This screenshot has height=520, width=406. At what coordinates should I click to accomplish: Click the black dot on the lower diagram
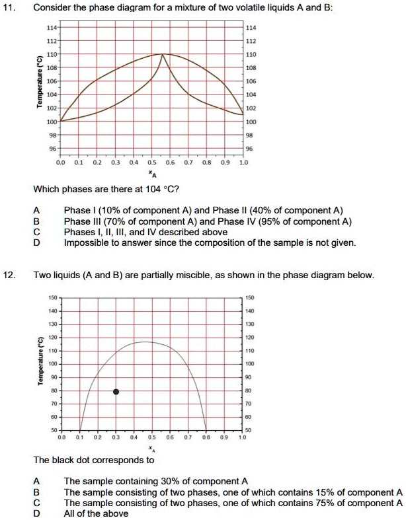116,391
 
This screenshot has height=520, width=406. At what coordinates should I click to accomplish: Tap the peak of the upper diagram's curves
163,54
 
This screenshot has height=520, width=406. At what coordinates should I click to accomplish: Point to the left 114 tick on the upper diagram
51,28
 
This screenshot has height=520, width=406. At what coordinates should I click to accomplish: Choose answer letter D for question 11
36,243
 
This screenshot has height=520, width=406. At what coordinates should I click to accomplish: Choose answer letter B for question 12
36,492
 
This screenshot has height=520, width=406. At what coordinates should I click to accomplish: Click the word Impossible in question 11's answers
86,243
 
